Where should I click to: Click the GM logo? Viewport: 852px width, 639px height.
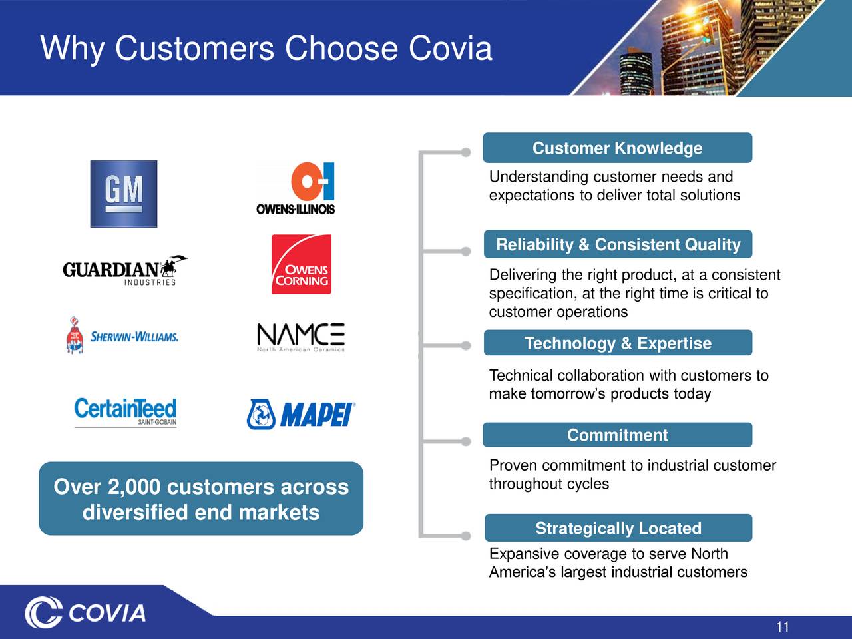point(124,194)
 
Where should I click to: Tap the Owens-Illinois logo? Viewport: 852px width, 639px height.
point(296,188)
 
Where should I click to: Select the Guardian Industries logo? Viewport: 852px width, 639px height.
point(124,270)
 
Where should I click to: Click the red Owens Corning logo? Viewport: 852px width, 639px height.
point(301,264)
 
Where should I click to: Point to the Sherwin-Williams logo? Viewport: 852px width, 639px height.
point(122,335)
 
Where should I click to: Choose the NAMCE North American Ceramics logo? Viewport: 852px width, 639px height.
point(301,337)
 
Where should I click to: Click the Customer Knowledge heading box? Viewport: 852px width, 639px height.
point(617,148)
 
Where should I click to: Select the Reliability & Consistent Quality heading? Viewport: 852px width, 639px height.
point(618,245)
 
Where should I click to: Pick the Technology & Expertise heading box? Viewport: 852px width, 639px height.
point(618,343)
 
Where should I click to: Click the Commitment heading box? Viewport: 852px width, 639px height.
point(617,435)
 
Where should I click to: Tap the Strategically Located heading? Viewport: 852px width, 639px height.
point(618,529)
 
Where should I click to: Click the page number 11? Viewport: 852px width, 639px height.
point(783,626)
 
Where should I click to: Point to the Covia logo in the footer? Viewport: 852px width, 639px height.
point(85,613)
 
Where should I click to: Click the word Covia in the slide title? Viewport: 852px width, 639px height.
point(450,49)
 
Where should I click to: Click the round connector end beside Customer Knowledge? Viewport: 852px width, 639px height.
point(466,152)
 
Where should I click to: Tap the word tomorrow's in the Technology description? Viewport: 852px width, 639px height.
point(568,394)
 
